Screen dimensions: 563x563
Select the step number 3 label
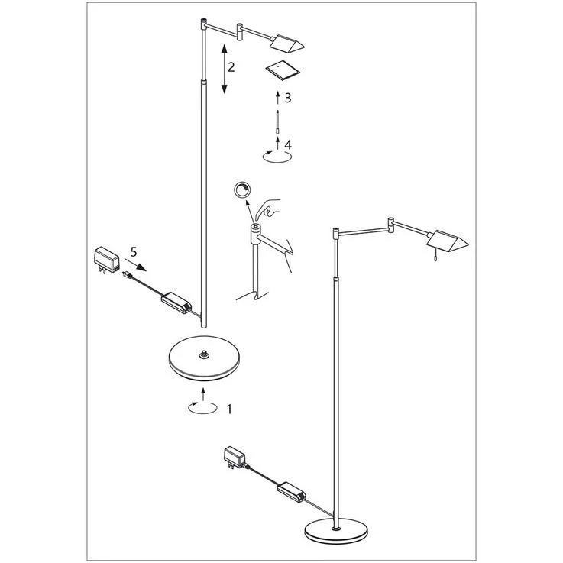tap(288, 98)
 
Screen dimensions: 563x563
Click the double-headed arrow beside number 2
tap(222, 70)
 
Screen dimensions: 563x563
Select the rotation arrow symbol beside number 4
tap(277, 154)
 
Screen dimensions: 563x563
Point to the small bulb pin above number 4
tap(277, 121)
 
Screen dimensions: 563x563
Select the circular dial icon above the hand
tap(243, 190)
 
